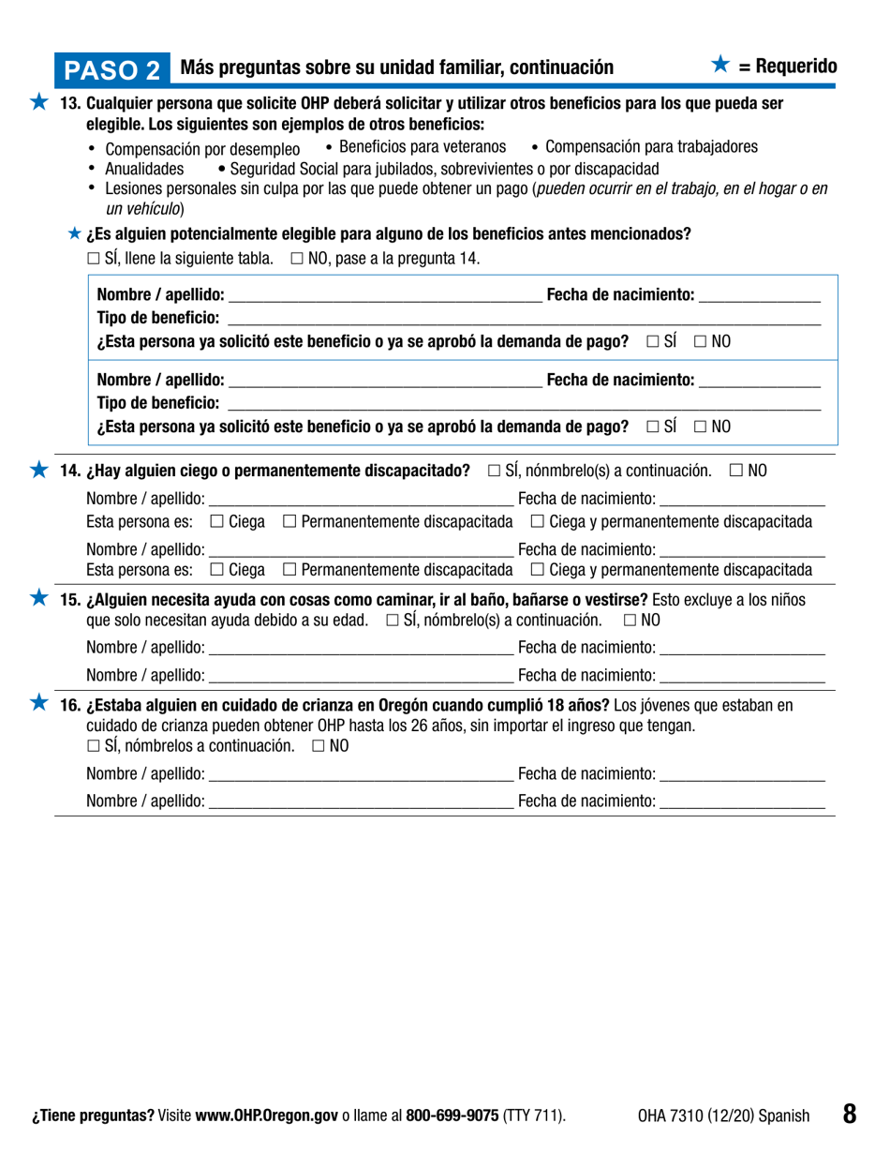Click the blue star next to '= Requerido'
(719, 65)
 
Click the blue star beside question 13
(38, 103)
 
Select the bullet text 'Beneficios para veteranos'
(423, 147)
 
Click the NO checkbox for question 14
(735, 470)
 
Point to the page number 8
(849, 1114)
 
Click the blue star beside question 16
(38, 703)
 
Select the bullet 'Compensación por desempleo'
(202, 150)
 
